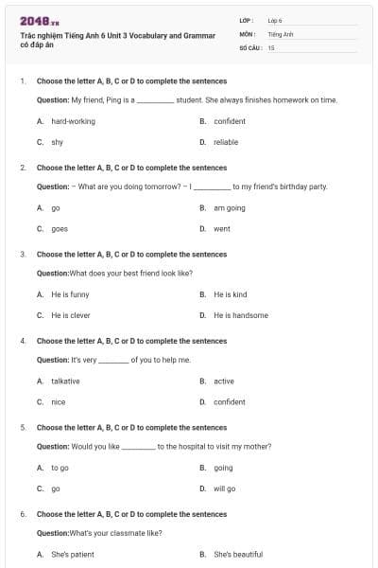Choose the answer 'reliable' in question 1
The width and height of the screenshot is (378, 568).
[x=226, y=142]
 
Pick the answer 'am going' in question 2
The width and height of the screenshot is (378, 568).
[x=229, y=207]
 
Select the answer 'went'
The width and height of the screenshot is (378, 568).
[x=222, y=228]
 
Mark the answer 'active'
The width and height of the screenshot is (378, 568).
[x=224, y=381]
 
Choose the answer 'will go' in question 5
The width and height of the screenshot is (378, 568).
[x=225, y=488]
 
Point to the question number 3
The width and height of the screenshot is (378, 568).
[x=23, y=254]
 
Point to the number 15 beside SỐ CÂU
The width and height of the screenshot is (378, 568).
[x=271, y=46]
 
